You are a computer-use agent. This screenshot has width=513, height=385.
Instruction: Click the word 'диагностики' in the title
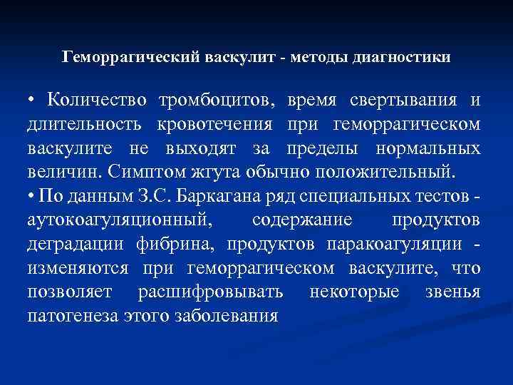coord(401,56)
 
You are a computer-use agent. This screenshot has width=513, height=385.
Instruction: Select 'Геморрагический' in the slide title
coord(124,56)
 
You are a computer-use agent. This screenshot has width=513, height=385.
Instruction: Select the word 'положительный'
coord(385,172)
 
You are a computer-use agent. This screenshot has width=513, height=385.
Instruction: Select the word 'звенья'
coord(455,292)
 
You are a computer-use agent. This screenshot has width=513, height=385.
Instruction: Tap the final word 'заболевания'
coord(226,315)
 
